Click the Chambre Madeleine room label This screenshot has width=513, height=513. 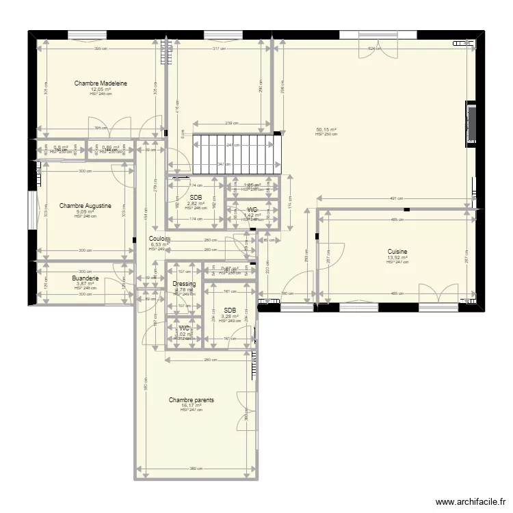(101, 83)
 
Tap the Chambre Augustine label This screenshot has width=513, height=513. (85, 205)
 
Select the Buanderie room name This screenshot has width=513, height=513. (85, 278)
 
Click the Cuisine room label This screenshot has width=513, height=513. (397, 252)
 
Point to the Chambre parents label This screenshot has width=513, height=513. (192, 400)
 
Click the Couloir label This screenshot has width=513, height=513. (159, 239)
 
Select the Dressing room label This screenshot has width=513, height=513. (184, 283)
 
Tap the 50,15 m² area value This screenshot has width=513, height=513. (326, 129)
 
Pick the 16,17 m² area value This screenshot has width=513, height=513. (192, 406)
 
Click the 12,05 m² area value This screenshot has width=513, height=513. (101, 89)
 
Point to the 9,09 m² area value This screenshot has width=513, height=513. (85, 211)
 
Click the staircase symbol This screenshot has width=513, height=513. (236, 155)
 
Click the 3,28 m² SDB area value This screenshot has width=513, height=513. (230, 316)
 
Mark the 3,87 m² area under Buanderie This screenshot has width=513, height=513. (85, 284)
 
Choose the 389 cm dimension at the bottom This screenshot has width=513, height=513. (196, 469)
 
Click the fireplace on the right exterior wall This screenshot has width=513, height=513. (471, 124)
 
